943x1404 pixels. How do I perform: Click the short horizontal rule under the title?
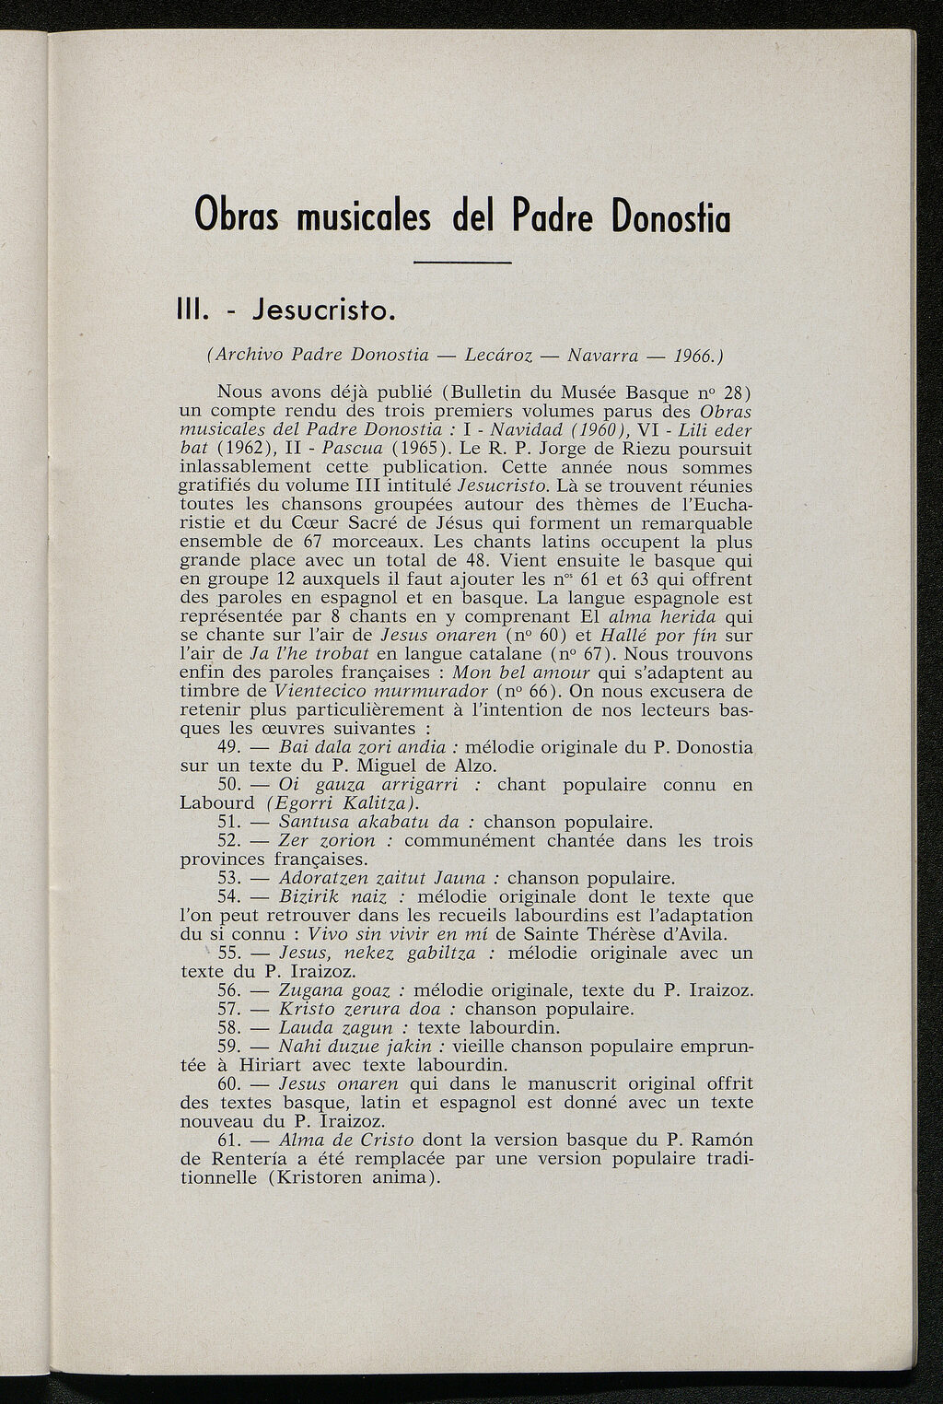462,264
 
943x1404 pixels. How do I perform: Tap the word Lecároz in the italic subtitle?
503,355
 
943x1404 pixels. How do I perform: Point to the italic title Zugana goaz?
335,990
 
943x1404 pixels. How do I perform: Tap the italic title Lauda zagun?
335,1027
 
